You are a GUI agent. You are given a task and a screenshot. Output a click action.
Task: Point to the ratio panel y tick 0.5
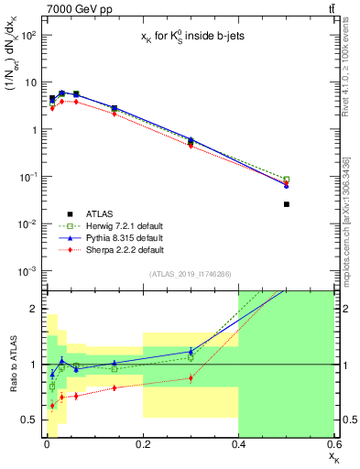(x=28, y=420)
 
